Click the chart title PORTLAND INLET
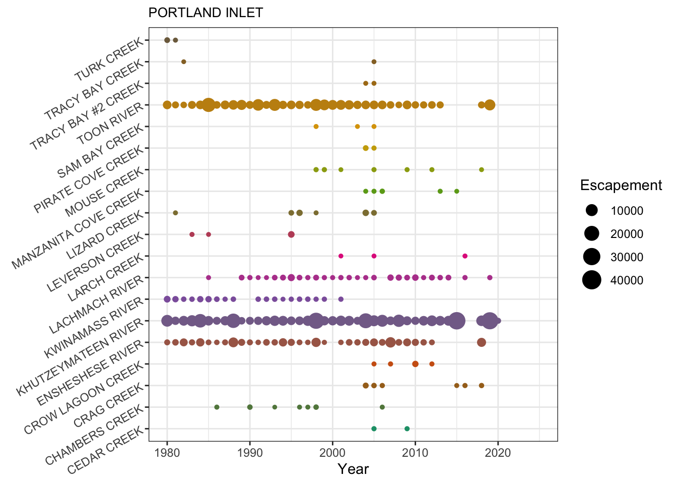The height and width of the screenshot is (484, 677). click(x=206, y=13)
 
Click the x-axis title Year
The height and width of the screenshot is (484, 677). click(x=353, y=469)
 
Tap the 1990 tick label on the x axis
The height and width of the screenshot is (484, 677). click(x=250, y=452)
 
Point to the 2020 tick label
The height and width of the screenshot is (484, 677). click(x=498, y=452)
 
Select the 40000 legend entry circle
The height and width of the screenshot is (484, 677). click(x=592, y=280)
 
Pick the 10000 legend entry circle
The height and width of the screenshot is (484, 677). click(x=592, y=211)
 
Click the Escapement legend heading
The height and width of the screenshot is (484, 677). click(x=621, y=186)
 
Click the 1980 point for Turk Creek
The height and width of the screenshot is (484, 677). click(x=167, y=40)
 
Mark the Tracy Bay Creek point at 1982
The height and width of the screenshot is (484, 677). click(x=184, y=62)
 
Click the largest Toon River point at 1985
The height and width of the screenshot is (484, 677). click(x=208, y=105)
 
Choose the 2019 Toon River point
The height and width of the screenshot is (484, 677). click(x=490, y=105)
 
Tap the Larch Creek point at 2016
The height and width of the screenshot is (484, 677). click(x=465, y=256)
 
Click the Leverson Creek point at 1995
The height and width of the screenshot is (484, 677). click(x=291, y=234)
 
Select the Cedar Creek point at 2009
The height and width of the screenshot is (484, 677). click(x=407, y=429)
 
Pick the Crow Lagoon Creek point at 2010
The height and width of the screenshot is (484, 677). click(x=415, y=364)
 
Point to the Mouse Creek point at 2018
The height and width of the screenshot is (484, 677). click(x=482, y=170)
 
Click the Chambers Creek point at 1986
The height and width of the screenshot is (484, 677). click(x=217, y=407)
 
